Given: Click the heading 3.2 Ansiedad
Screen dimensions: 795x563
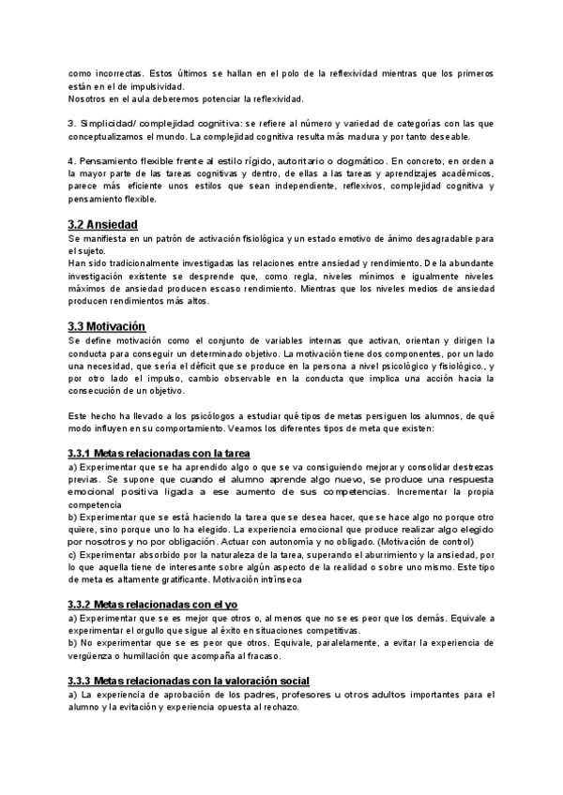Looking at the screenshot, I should point(103,225).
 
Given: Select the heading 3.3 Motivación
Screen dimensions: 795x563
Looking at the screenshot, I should point(106,325).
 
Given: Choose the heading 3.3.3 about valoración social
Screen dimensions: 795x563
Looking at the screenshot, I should point(189,679).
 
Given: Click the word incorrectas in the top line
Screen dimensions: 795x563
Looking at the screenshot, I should point(116,72).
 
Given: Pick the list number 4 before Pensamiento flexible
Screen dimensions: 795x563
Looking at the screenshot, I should point(71,160).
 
